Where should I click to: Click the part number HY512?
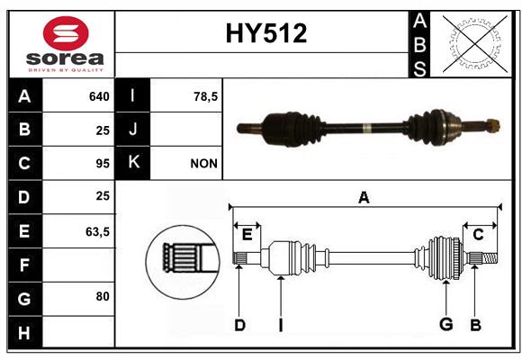pyautogui.click(x=266, y=33)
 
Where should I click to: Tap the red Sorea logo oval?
pyautogui.click(x=66, y=33)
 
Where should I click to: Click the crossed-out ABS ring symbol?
pyautogui.click(x=475, y=44)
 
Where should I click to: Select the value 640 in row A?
pyautogui.click(x=99, y=96)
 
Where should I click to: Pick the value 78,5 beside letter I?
pyautogui.click(x=205, y=96)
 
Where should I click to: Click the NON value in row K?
pyautogui.click(x=203, y=164)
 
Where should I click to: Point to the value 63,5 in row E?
pyautogui.click(x=97, y=232)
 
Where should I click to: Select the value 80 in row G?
pyautogui.click(x=103, y=296)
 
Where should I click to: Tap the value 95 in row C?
pyautogui.click(x=103, y=164)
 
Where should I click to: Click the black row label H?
pyautogui.click(x=25, y=332)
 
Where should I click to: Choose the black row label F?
pyautogui.click(x=25, y=265)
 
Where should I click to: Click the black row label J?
pyautogui.click(x=132, y=129)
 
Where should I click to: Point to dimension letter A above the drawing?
pyautogui.click(x=364, y=197)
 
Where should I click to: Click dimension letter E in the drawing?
pyautogui.click(x=247, y=235)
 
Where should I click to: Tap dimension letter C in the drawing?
pyautogui.click(x=478, y=235)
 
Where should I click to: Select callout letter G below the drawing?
pyautogui.click(x=446, y=324)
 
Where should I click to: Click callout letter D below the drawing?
pyautogui.click(x=239, y=325)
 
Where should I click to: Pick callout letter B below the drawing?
pyautogui.click(x=475, y=325)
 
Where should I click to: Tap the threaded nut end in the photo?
pyautogui.click(x=493, y=125)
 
